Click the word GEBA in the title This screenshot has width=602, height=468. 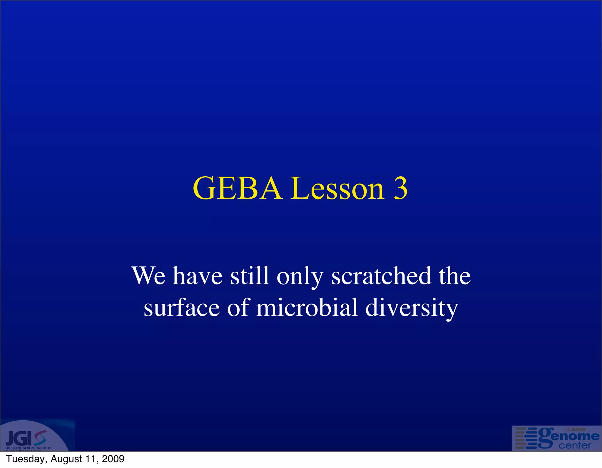pos(238,189)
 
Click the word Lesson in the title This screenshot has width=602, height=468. pos(337,189)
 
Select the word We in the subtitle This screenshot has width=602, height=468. pos(148,276)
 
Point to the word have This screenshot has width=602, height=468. pos(197,276)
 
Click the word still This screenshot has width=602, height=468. pos(249,276)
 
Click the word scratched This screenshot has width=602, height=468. pos(381,276)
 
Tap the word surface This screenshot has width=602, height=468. pos(182,308)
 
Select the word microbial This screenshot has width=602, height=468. pos(307,308)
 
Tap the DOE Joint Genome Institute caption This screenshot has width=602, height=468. pos(29,448)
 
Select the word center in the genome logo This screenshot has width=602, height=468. pos(575,446)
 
